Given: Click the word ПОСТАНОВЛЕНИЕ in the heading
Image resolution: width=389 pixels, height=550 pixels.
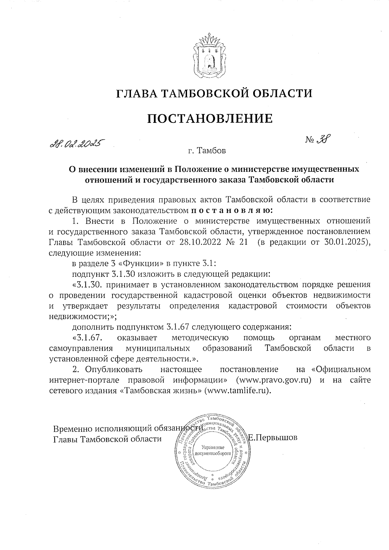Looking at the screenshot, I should (210, 119).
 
